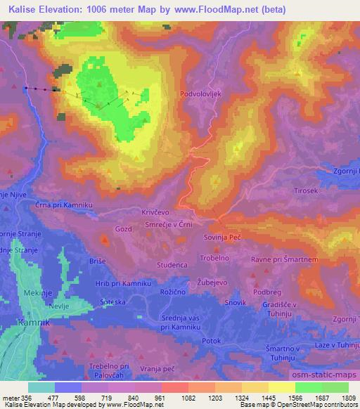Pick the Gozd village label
click(x=122, y=229)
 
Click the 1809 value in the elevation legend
click(x=349, y=397)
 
